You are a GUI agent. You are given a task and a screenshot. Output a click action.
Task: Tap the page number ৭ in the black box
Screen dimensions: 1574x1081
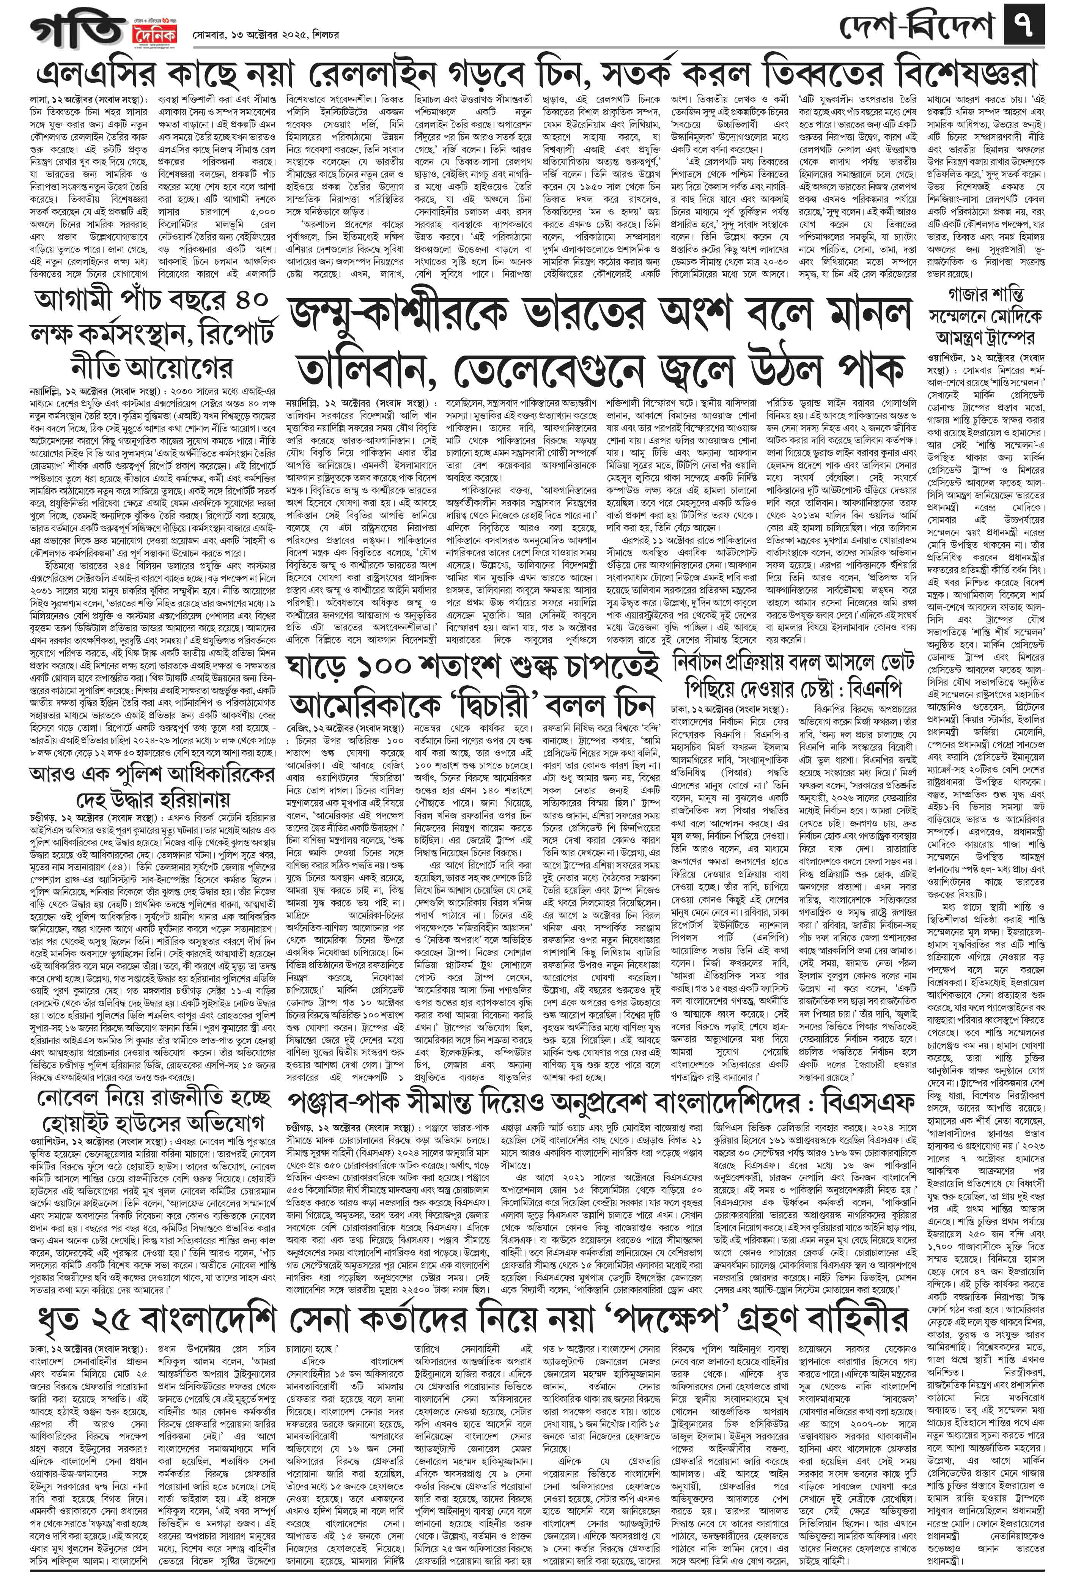[1026, 27]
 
